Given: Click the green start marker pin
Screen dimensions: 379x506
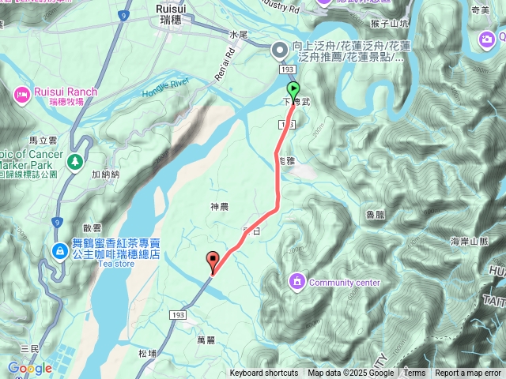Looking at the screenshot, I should pos(293,89).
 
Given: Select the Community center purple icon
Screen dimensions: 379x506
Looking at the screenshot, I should pos(297,280).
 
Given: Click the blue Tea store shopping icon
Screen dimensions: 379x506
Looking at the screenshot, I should pos(60,250).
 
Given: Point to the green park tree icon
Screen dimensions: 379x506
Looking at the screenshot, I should pos(75,161).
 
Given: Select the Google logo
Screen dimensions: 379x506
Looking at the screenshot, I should pos(30,368).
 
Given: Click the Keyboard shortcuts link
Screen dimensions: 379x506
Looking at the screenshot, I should pos(264,373).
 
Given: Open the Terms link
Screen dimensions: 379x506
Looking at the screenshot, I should pos(414,373).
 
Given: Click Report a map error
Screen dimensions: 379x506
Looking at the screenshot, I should pos(468,373).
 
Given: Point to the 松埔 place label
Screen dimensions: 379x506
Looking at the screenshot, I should pos(146,354).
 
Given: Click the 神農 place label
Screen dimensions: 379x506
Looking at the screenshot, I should pos(219,207).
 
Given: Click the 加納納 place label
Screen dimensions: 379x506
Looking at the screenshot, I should pos(104,174).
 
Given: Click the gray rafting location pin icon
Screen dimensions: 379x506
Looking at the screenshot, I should pos(279,51).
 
